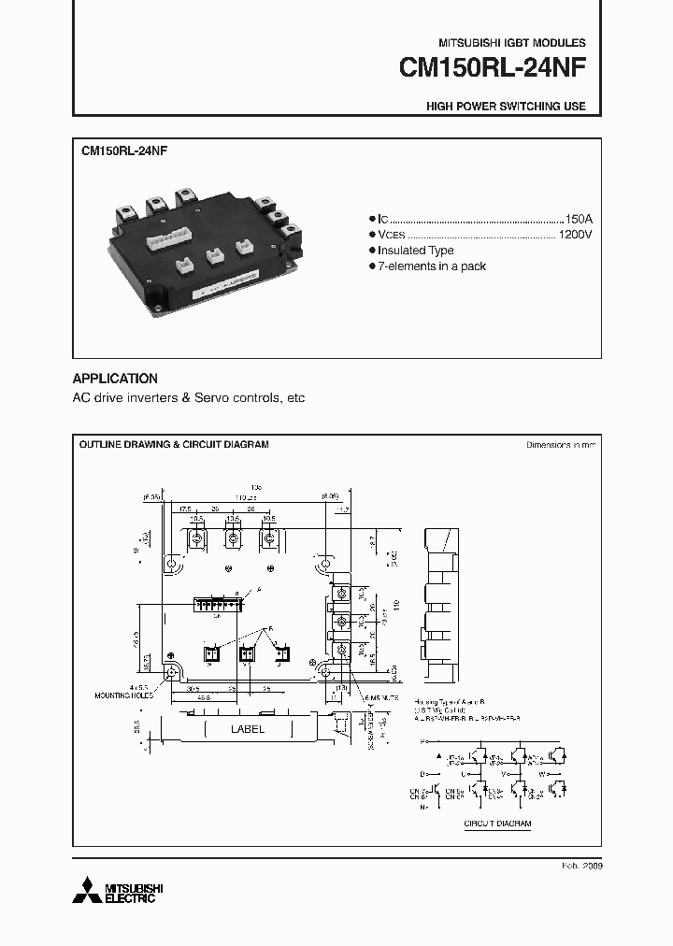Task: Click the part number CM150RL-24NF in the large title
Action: click(x=492, y=69)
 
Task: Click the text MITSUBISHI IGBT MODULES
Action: click(x=512, y=44)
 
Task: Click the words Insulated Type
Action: click(x=416, y=251)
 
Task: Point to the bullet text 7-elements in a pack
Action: click(x=431, y=266)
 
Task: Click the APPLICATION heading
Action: click(x=115, y=379)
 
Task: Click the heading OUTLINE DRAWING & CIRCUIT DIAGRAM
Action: click(x=174, y=445)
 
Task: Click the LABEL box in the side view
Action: click(x=247, y=729)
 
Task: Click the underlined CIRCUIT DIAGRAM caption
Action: click(x=497, y=824)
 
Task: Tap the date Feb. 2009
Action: click(x=582, y=867)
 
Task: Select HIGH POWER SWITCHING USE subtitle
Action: click(x=506, y=107)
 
